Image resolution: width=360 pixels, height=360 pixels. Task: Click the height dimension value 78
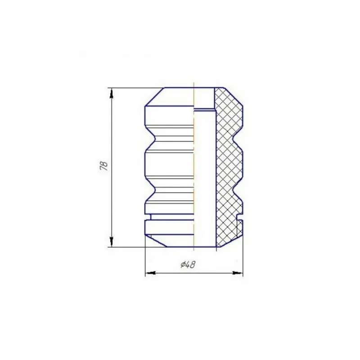pos(104,166)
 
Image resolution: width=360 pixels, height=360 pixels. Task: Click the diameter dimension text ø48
pos(188,265)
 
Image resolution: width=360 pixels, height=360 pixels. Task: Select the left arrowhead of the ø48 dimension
pos(151,273)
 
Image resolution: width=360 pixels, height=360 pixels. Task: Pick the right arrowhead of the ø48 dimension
pos(238,273)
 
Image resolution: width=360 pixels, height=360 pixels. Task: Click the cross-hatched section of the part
pos(229,167)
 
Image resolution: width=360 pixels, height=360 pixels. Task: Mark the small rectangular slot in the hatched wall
pos(240,217)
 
